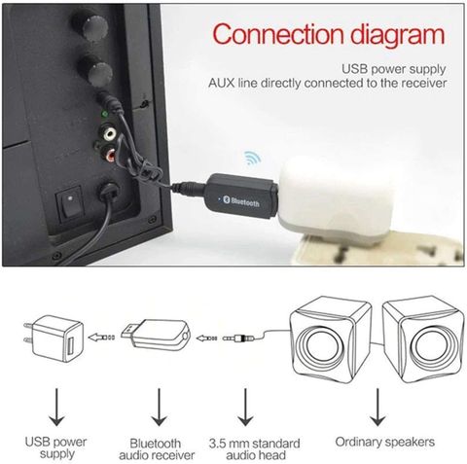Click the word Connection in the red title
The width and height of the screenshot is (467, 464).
pyautogui.click(x=277, y=34)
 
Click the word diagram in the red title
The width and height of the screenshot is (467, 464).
pyautogui.click(x=398, y=37)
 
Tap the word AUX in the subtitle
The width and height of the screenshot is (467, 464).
pyautogui.click(x=221, y=84)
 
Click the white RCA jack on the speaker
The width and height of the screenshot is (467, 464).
pyautogui.click(x=108, y=133)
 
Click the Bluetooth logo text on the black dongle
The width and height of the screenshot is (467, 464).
pyautogui.click(x=244, y=201)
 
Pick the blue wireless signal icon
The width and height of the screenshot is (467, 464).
pyautogui.click(x=252, y=158)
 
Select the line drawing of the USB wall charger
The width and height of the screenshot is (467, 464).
pyautogui.click(x=54, y=339)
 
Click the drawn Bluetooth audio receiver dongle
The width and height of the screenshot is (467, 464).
pyautogui.click(x=156, y=335)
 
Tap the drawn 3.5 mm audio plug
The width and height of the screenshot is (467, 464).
pyautogui.click(x=239, y=339)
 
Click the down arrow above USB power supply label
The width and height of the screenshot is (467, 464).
pyautogui.click(x=56, y=407)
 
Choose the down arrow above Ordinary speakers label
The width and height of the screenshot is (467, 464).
pyautogui.click(x=377, y=407)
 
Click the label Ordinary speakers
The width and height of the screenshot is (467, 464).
pyautogui.click(x=385, y=442)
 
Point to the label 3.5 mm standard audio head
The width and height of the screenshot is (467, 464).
pyautogui.click(x=255, y=448)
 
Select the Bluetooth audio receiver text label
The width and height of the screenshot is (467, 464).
pyautogui.click(x=157, y=448)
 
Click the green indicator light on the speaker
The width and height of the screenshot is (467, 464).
pyautogui.click(x=104, y=114)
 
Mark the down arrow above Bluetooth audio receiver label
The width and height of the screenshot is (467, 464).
pyautogui.click(x=159, y=407)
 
